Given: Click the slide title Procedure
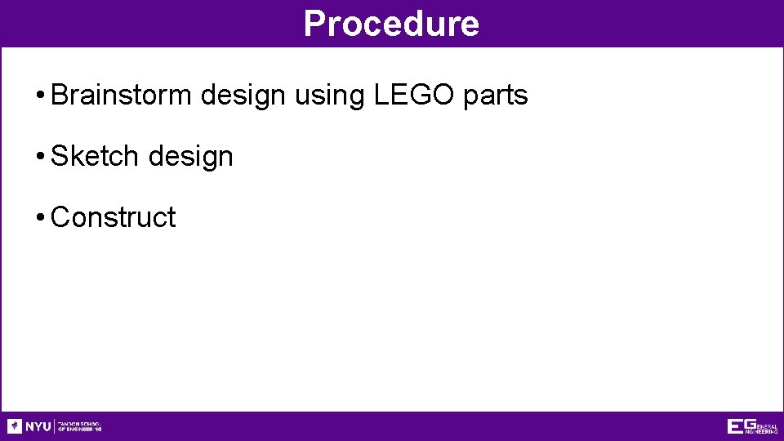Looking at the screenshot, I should click(x=391, y=24).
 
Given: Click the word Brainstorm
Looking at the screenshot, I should click(x=122, y=96).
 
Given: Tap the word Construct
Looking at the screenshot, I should click(x=113, y=217).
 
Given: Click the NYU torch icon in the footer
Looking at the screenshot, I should click(x=15, y=425).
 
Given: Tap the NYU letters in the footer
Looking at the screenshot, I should click(x=38, y=426).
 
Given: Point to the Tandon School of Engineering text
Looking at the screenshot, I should click(x=79, y=426).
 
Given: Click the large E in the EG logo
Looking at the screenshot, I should click(x=736, y=426).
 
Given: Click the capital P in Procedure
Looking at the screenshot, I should click(x=314, y=24).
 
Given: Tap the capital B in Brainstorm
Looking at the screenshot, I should click(x=59, y=96).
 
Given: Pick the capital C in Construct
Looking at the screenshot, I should click(x=60, y=217).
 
